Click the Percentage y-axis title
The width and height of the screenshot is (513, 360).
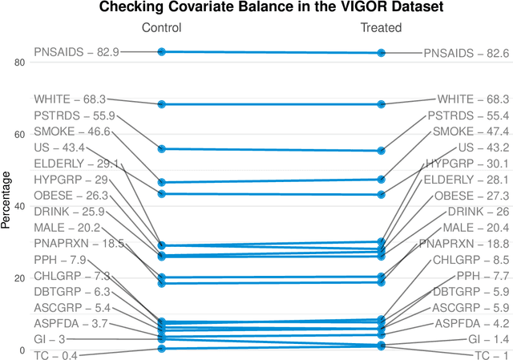tap(6, 200)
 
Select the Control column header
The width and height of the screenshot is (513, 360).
tap(162, 28)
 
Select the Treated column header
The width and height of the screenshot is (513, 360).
tap(381, 28)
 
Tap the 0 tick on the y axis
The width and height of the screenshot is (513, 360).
tap(22, 350)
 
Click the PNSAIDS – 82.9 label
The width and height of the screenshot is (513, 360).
tap(76, 52)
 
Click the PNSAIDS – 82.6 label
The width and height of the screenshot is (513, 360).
tap(466, 53)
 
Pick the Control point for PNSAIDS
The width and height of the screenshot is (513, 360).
tap(162, 51)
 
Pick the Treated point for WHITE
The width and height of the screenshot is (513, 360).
tap(381, 104)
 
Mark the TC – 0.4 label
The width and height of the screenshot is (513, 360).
tap(55, 355)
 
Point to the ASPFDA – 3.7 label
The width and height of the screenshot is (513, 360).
tap(70, 323)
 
